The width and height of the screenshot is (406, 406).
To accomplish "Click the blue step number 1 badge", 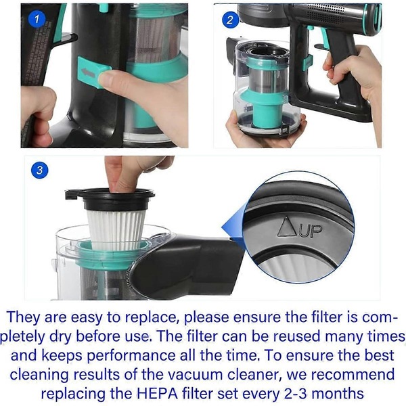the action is (37, 19).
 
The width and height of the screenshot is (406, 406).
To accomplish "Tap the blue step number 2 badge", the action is (230, 20).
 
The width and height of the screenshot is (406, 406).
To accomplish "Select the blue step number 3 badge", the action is (39, 171).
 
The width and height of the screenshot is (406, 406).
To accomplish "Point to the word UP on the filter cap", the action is (311, 231).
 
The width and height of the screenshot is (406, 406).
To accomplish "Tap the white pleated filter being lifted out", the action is (116, 230).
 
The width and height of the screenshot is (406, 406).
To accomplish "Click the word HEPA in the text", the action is (157, 394).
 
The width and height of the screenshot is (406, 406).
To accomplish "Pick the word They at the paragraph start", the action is (24, 317).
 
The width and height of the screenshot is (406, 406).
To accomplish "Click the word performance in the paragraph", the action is (131, 355).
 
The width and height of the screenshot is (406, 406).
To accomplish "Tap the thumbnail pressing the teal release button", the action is (108, 78).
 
